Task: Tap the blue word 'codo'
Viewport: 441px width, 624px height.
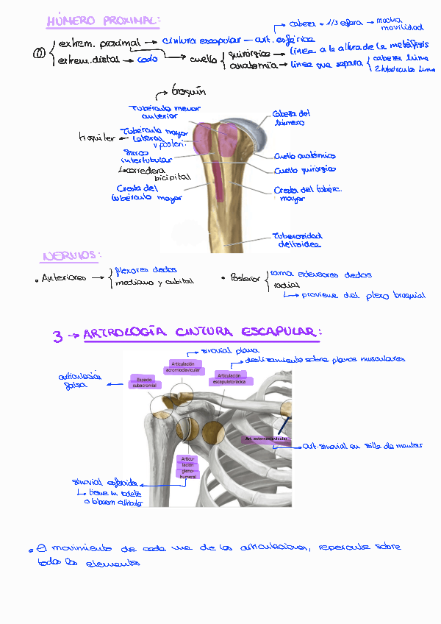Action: [x=147, y=59]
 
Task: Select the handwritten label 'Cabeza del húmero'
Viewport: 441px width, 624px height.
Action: [x=292, y=118]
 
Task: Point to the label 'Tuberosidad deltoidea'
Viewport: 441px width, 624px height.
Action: [x=297, y=241]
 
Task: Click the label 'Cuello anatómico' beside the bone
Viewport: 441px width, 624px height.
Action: [x=305, y=156]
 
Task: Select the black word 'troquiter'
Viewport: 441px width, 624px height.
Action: [x=96, y=137]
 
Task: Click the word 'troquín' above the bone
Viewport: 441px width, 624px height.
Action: [x=188, y=92]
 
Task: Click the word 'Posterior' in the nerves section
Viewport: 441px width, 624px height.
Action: [x=245, y=278]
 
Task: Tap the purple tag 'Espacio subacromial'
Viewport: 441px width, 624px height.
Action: [x=142, y=381]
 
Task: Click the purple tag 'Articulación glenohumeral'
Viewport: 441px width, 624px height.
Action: [x=187, y=467]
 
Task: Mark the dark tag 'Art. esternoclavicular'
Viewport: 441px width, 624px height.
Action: [x=266, y=439]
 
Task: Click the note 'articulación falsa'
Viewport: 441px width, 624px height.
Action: [x=79, y=380]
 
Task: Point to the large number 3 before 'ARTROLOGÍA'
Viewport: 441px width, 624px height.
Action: [x=57, y=336]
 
